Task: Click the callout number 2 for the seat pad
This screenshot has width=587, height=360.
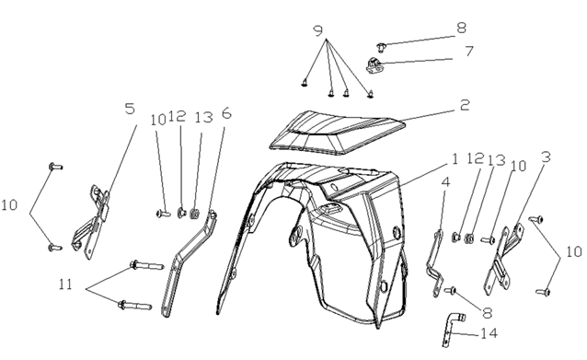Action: click(465, 105)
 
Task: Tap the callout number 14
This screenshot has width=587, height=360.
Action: click(489, 333)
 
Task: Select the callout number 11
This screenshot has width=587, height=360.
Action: click(65, 285)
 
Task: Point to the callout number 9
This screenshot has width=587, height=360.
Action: click(317, 30)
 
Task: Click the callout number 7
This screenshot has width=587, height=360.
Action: click(469, 52)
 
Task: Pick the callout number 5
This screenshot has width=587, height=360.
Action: click(130, 109)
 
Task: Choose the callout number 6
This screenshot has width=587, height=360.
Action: click(226, 112)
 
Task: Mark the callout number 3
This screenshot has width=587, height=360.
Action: click(547, 157)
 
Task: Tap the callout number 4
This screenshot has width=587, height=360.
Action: click(445, 182)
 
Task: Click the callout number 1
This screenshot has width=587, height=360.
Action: click(455, 159)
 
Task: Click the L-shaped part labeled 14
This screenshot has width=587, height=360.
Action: click(453, 330)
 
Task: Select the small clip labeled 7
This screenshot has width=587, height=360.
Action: click(374, 65)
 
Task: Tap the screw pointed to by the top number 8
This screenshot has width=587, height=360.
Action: click(381, 47)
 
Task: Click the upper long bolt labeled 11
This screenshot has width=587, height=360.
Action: click(147, 265)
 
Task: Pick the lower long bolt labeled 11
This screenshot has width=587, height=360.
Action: click(134, 305)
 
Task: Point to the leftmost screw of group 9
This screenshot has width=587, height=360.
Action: click(305, 83)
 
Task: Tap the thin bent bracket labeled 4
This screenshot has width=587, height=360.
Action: click(434, 263)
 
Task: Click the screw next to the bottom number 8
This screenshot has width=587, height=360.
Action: click(450, 290)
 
